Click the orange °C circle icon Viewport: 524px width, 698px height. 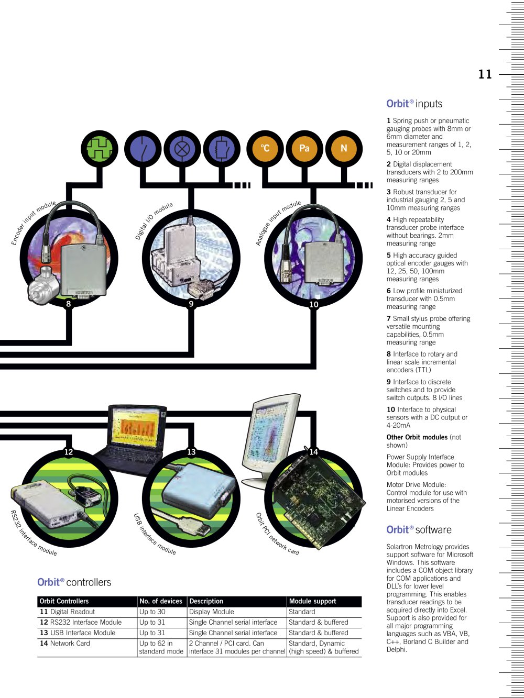point(265,149)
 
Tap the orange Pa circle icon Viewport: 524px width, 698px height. point(304,149)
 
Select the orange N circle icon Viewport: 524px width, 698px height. point(344,149)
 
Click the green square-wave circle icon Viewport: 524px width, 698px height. point(100,149)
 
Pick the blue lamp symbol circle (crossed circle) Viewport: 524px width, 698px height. point(182,149)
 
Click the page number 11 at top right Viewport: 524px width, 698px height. point(485,74)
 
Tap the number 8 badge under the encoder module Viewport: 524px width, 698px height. point(69,304)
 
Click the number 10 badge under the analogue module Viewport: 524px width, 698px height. point(314,304)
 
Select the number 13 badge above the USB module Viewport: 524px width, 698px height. point(191,452)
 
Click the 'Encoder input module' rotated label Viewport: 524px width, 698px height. point(34,222)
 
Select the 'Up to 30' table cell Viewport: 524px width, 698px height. point(152,612)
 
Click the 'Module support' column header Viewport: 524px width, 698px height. point(312,601)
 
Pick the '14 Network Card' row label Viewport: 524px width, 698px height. point(65,643)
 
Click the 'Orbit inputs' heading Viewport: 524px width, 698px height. point(414,104)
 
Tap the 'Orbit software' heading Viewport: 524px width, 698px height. point(419,529)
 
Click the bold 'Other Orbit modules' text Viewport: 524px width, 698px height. point(417,437)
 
